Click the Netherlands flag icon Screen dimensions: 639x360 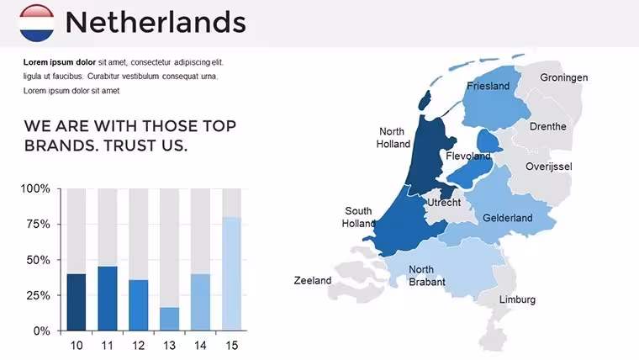click(37, 23)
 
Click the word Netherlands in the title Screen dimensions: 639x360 click(156, 22)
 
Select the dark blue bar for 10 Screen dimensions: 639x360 click(77, 302)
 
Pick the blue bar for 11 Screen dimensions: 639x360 click(108, 299)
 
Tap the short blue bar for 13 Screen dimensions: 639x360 click(169, 319)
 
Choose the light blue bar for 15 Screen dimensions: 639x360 click(231, 274)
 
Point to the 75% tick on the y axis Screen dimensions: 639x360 click(59, 224)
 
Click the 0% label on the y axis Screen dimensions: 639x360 click(41, 331)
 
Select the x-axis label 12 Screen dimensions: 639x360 click(139, 346)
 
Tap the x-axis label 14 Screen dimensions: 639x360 click(200, 346)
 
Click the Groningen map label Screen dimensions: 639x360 click(564, 77)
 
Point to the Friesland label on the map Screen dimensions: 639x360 click(488, 86)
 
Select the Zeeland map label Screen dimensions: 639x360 click(313, 280)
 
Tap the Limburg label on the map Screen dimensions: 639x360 click(518, 299)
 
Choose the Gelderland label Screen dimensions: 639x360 click(508, 218)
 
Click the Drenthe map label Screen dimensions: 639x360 click(548, 126)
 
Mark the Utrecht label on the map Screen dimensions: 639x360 click(444, 203)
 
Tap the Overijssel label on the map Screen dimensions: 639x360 click(549, 167)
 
